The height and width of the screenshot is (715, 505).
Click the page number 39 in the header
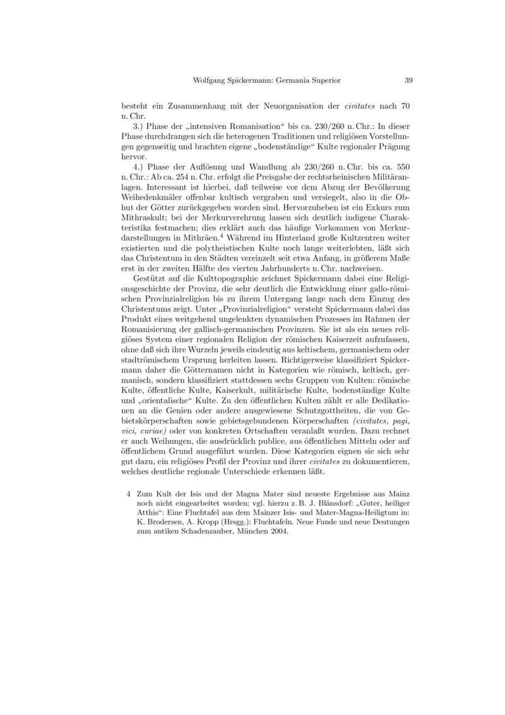click(408, 81)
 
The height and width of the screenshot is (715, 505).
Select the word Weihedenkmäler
click(154, 198)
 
